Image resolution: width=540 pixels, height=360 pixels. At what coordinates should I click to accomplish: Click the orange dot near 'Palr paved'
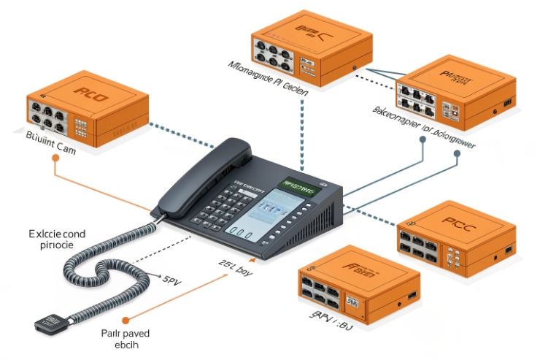coord(126,319)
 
